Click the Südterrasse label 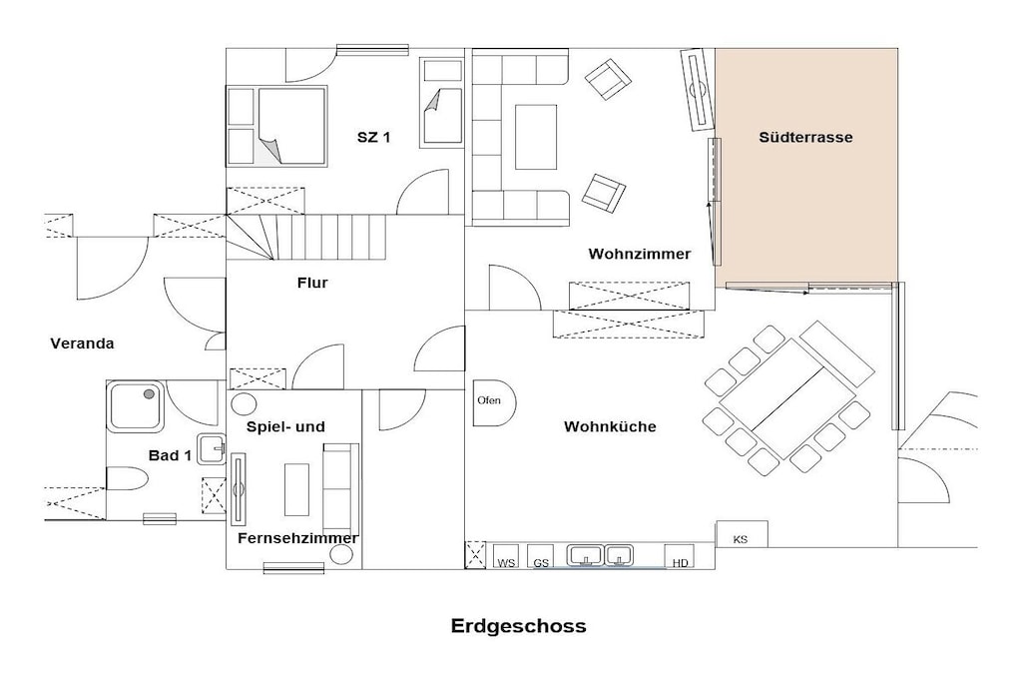point(805,137)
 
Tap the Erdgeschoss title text point(518,626)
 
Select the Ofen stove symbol point(494,402)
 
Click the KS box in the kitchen point(742,534)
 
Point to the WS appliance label point(506,563)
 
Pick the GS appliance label point(541,563)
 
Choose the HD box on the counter point(680,556)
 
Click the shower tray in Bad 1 point(136,406)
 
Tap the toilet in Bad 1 point(127,478)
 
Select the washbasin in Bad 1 point(212,447)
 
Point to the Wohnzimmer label point(640,254)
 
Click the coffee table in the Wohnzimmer point(536,137)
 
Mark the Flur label point(312,283)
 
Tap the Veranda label point(82,342)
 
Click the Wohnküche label point(610,426)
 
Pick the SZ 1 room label point(373,137)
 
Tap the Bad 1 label point(170,455)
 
